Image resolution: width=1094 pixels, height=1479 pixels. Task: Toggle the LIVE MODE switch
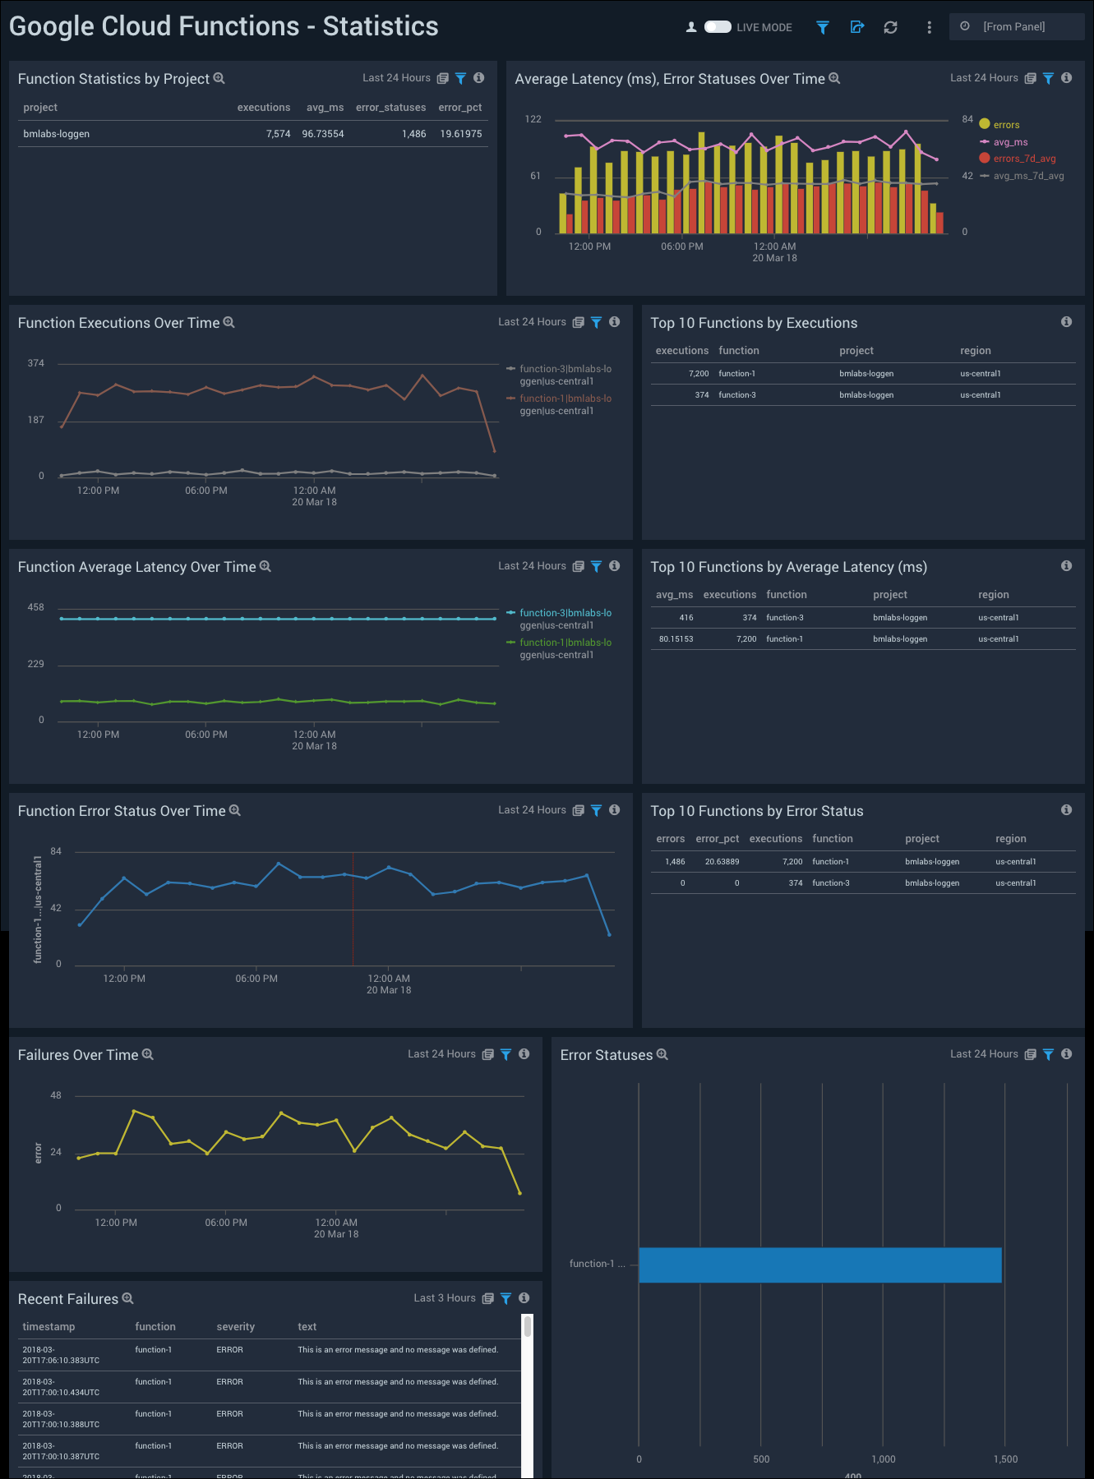(x=718, y=27)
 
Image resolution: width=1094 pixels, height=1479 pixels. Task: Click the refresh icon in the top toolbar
(x=890, y=27)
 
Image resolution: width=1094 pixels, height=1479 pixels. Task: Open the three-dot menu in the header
(x=929, y=27)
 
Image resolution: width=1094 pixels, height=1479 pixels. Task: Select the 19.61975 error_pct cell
(x=460, y=134)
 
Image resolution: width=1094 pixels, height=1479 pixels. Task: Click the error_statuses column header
(x=390, y=108)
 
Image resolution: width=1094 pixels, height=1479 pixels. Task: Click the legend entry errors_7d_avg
(x=1023, y=159)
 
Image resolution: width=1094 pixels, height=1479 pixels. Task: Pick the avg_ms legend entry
(x=1010, y=142)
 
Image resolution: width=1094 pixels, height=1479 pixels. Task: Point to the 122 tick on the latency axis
(x=533, y=119)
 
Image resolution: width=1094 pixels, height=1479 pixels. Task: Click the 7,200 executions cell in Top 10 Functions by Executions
(x=699, y=374)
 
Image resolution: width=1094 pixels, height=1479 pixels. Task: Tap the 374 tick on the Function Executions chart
(x=35, y=363)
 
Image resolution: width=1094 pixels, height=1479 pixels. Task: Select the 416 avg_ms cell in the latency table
(x=685, y=618)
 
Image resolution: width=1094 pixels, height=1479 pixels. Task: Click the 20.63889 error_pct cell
(x=722, y=862)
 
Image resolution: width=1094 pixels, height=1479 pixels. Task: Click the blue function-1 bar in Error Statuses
(x=819, y=1265)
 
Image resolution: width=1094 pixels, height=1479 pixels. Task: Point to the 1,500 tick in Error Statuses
(x=1005, y=1459)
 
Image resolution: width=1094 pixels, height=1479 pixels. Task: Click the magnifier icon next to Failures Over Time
(x=148, y=1054)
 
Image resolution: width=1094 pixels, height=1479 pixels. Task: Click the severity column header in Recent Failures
(x=235, y=1327)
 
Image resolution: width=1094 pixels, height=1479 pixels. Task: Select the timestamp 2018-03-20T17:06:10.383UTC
(x=61, y=1355)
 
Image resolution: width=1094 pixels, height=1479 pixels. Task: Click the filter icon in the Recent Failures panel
(x=505, y=1298)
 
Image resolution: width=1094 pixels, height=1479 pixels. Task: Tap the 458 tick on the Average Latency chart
(x=35, y=607)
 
